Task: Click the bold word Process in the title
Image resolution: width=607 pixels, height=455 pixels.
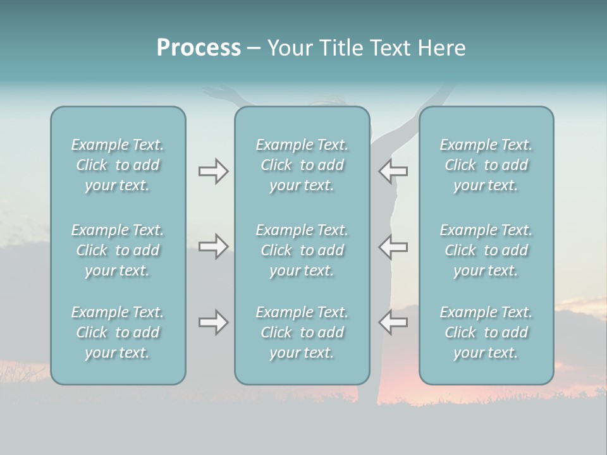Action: click(x=199, y=48)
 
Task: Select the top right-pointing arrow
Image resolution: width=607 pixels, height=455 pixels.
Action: click(x=213, y=171)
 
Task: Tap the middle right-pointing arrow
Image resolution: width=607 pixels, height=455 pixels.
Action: click(x=213, y=246)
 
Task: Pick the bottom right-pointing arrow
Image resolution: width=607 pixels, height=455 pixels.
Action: click(x=213, y=322)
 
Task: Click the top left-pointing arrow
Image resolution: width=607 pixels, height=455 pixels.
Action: click(x=393, y=171)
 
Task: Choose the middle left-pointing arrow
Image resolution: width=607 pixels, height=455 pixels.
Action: click(x=393, y=246)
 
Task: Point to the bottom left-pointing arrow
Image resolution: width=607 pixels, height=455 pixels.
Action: click(x=393, y=322)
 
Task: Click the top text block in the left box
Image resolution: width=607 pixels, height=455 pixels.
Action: click(x=118, y=165)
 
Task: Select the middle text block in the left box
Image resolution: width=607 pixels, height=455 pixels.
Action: click(x=118, y=250)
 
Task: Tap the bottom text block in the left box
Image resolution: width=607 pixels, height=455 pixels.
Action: click(x=118, y=332)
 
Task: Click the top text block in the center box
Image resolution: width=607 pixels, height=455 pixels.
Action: click(x=302, y=165)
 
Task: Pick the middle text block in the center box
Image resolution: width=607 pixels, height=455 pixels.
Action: click(x=302, y=250)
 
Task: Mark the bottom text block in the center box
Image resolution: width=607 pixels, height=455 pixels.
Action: click(x=302, y=332)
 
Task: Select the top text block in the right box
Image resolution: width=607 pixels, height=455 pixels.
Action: click(x=486, y=165)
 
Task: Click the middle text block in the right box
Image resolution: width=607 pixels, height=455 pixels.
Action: click(x=486, y=250)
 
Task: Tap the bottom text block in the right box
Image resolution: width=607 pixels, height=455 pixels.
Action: click(x=486, y=332)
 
